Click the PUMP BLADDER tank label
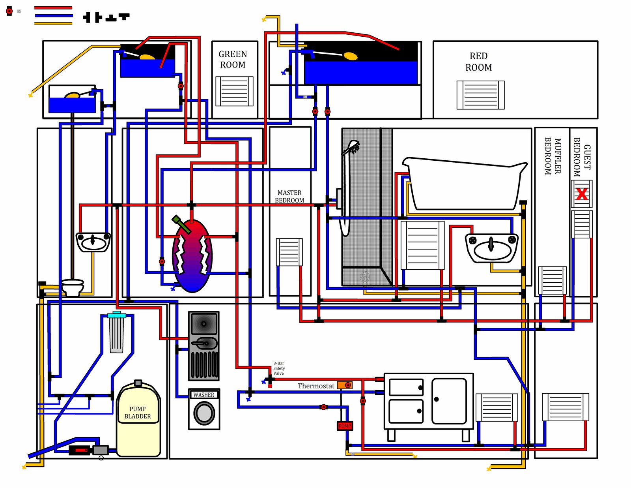[x=137, y=413]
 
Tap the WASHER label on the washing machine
[x=203, y=395]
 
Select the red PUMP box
[x=345, y=426]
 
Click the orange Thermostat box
[x=344, y=385]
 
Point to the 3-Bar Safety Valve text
[x=279, y=368]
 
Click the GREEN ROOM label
[x=233, y=59]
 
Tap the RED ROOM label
[x=478, y=62]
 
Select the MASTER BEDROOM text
[x=289, y=197]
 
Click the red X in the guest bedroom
[x=582, y=194]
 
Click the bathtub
[x=465, y=183]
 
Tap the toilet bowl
[x=73, y=287]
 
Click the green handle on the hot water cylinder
[x=181, y=224]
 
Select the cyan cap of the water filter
[x=117, y=315]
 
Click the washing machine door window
[x=204, y=413]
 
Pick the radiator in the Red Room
[x=480, y=95]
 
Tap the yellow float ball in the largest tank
[x=351, y=56]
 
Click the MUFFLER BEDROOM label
[x=552, y=156]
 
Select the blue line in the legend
[x=53, y=16]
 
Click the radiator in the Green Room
[x=234, y=91]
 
